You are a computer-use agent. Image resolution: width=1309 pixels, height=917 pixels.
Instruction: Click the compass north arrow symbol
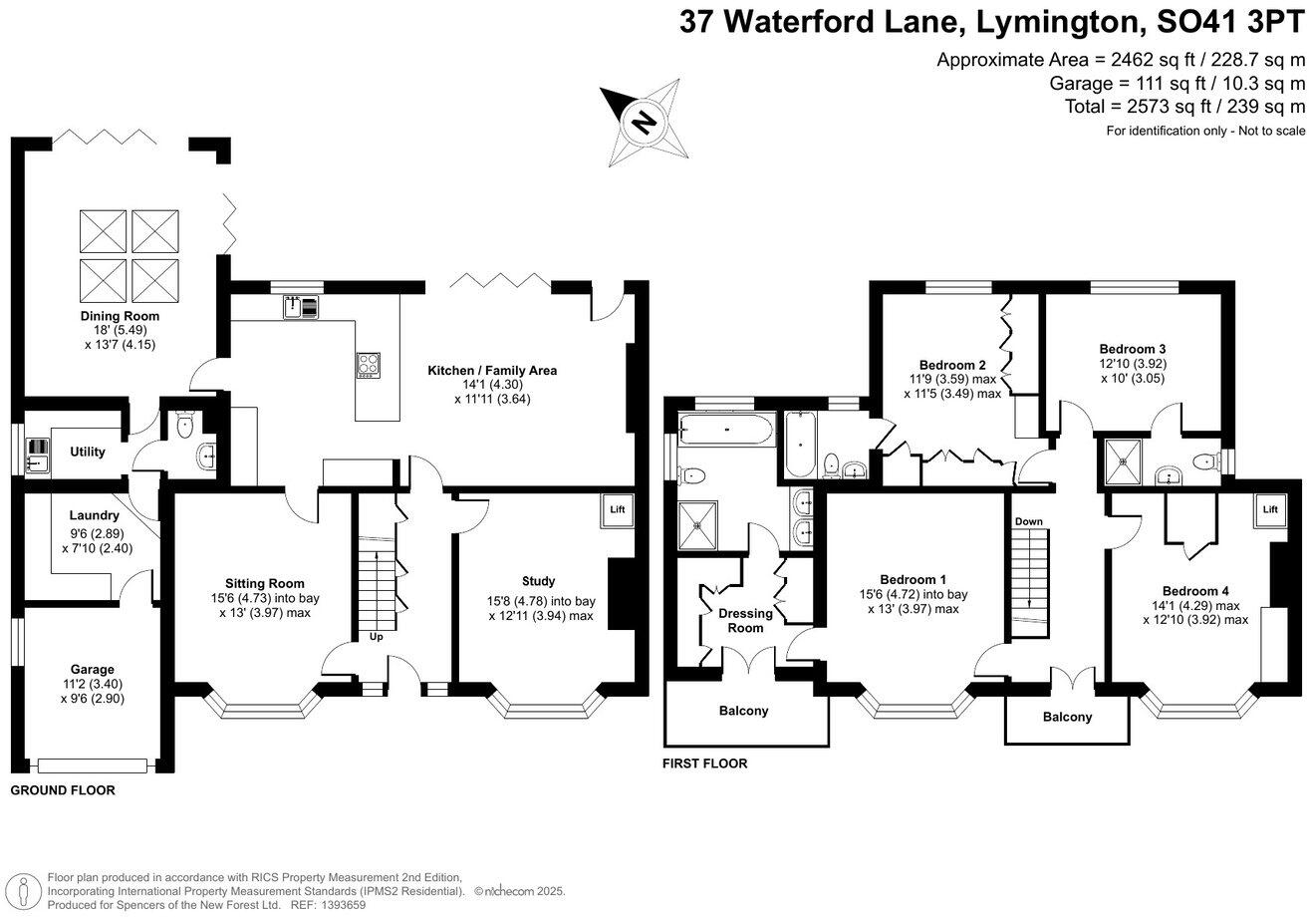coord(645,122)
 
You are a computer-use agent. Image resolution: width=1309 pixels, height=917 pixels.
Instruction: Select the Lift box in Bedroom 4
coord(1269,509)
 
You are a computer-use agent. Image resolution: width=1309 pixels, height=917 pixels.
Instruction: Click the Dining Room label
coord(120,316)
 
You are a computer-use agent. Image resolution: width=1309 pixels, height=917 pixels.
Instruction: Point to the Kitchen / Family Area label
coord(492,371)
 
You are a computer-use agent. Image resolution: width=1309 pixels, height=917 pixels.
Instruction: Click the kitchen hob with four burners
coord(368,366)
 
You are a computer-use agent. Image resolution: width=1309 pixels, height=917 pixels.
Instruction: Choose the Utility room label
coord(88,452)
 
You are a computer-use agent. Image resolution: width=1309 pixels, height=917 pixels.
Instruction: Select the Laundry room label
coord(95,515)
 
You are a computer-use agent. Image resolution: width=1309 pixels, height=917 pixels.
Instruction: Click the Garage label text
coord(92,669)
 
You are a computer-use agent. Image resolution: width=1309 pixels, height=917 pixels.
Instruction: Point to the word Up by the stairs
coord(376,636)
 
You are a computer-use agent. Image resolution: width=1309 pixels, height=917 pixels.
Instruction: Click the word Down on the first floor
coord(1028,521)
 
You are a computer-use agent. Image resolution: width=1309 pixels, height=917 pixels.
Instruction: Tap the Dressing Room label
coord(745,620)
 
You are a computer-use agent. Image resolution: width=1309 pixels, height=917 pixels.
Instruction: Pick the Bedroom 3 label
coord(1133,349)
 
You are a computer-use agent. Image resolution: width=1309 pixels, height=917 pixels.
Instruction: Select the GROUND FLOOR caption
coord(62,790)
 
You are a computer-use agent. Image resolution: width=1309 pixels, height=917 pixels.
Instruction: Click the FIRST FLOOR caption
coord(704,764)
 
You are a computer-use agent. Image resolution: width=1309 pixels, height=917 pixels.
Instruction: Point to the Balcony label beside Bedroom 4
coord(1067,717)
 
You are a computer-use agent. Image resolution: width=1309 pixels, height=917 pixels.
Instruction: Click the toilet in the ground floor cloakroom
coord(183,428)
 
